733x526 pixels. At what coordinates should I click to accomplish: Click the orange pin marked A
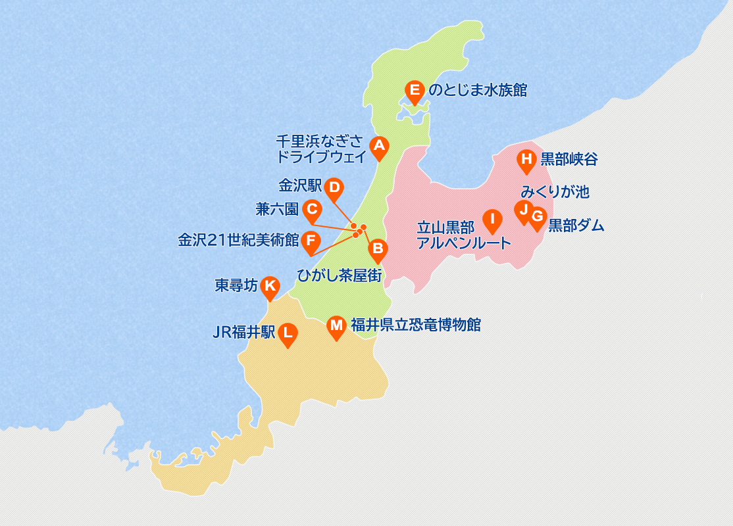click(x=378, y=147)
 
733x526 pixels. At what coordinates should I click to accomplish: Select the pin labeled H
click(x=526, y=160)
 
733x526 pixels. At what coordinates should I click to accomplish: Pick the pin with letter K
click(x=270, y=287)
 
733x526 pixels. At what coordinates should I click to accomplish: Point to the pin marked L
click(x=288, y=333)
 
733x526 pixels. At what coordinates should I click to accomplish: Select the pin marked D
click(x=334, y=189)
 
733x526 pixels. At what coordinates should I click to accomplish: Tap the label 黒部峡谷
click(x=569, y=159)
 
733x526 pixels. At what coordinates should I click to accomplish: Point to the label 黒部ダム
click(x=576, y=226)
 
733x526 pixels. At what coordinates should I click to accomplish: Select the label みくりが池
click(x=555, y=192)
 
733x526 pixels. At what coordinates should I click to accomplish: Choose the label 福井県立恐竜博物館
click(x=415, y=324)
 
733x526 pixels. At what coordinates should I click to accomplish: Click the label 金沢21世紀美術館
click(x=238, y=240)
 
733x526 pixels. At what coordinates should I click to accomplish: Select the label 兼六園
click(x=277, y=210)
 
